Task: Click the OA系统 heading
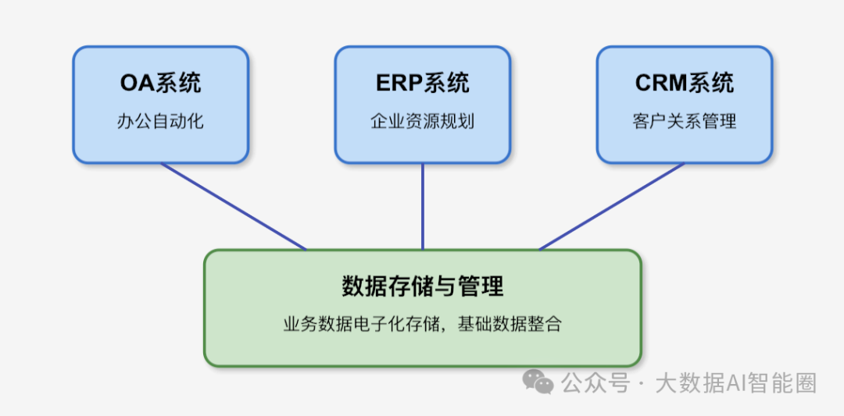coord(160,83)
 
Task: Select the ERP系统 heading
coord(423,83)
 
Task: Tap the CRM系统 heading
coord(685,83)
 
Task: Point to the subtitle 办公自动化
coord(160,122)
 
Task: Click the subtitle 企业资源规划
coord(423,122)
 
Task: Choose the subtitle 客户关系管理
coord(685,122)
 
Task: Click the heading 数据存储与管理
coord(423,286)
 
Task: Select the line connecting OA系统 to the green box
coord(233,206)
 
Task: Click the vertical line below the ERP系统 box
coord(423,206)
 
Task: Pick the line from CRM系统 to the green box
coord(612,206)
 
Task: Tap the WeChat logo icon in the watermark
coord(538,382)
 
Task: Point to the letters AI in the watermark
coord(738,383)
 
